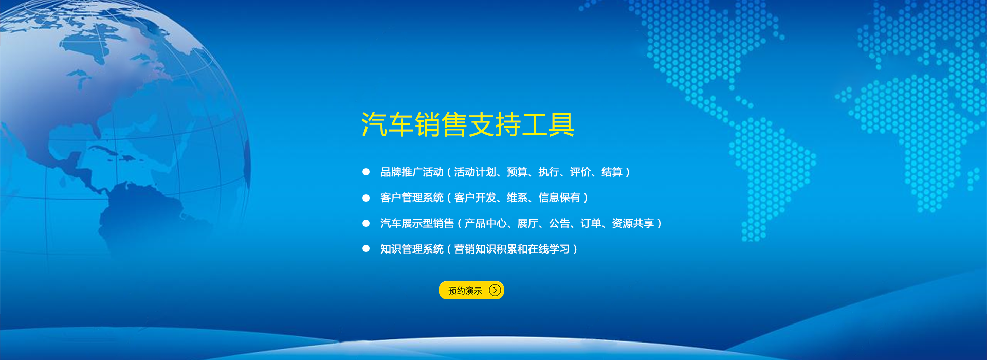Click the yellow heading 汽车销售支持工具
pyautogui.click(x=468, y=124)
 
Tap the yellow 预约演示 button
pyautogui.click(x=471, y=290)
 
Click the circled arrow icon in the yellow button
pyautogui.click(x=495, y=290)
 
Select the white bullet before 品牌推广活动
pyautogui.click(x=366, y=172)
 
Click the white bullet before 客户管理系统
pyautogui.click(x=366, y=197)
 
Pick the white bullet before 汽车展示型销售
pyautogui.click(x=366, y=223)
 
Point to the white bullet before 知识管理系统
pyautogui.click(x=366, y=248)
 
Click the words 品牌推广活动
pyautogui.click(x=412, y=172)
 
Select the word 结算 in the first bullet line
pyautogui.click(x=612, y=172)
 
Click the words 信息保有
pyautogui.click(x=559, y=197)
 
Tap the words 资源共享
pyautogui.click(x=633, y=223)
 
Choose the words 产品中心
pyautogui.click(x=485, y=223)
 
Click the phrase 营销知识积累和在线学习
pyautogui.click(x=512, y=249)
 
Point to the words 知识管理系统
pyautogui.click(x=412, y=249)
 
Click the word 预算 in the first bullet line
pyautogui.click(x=517, y=172)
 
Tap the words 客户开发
pyautogui.click(x=475, y=197)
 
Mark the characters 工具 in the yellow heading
pyautogui.click(x=548, y=124)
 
